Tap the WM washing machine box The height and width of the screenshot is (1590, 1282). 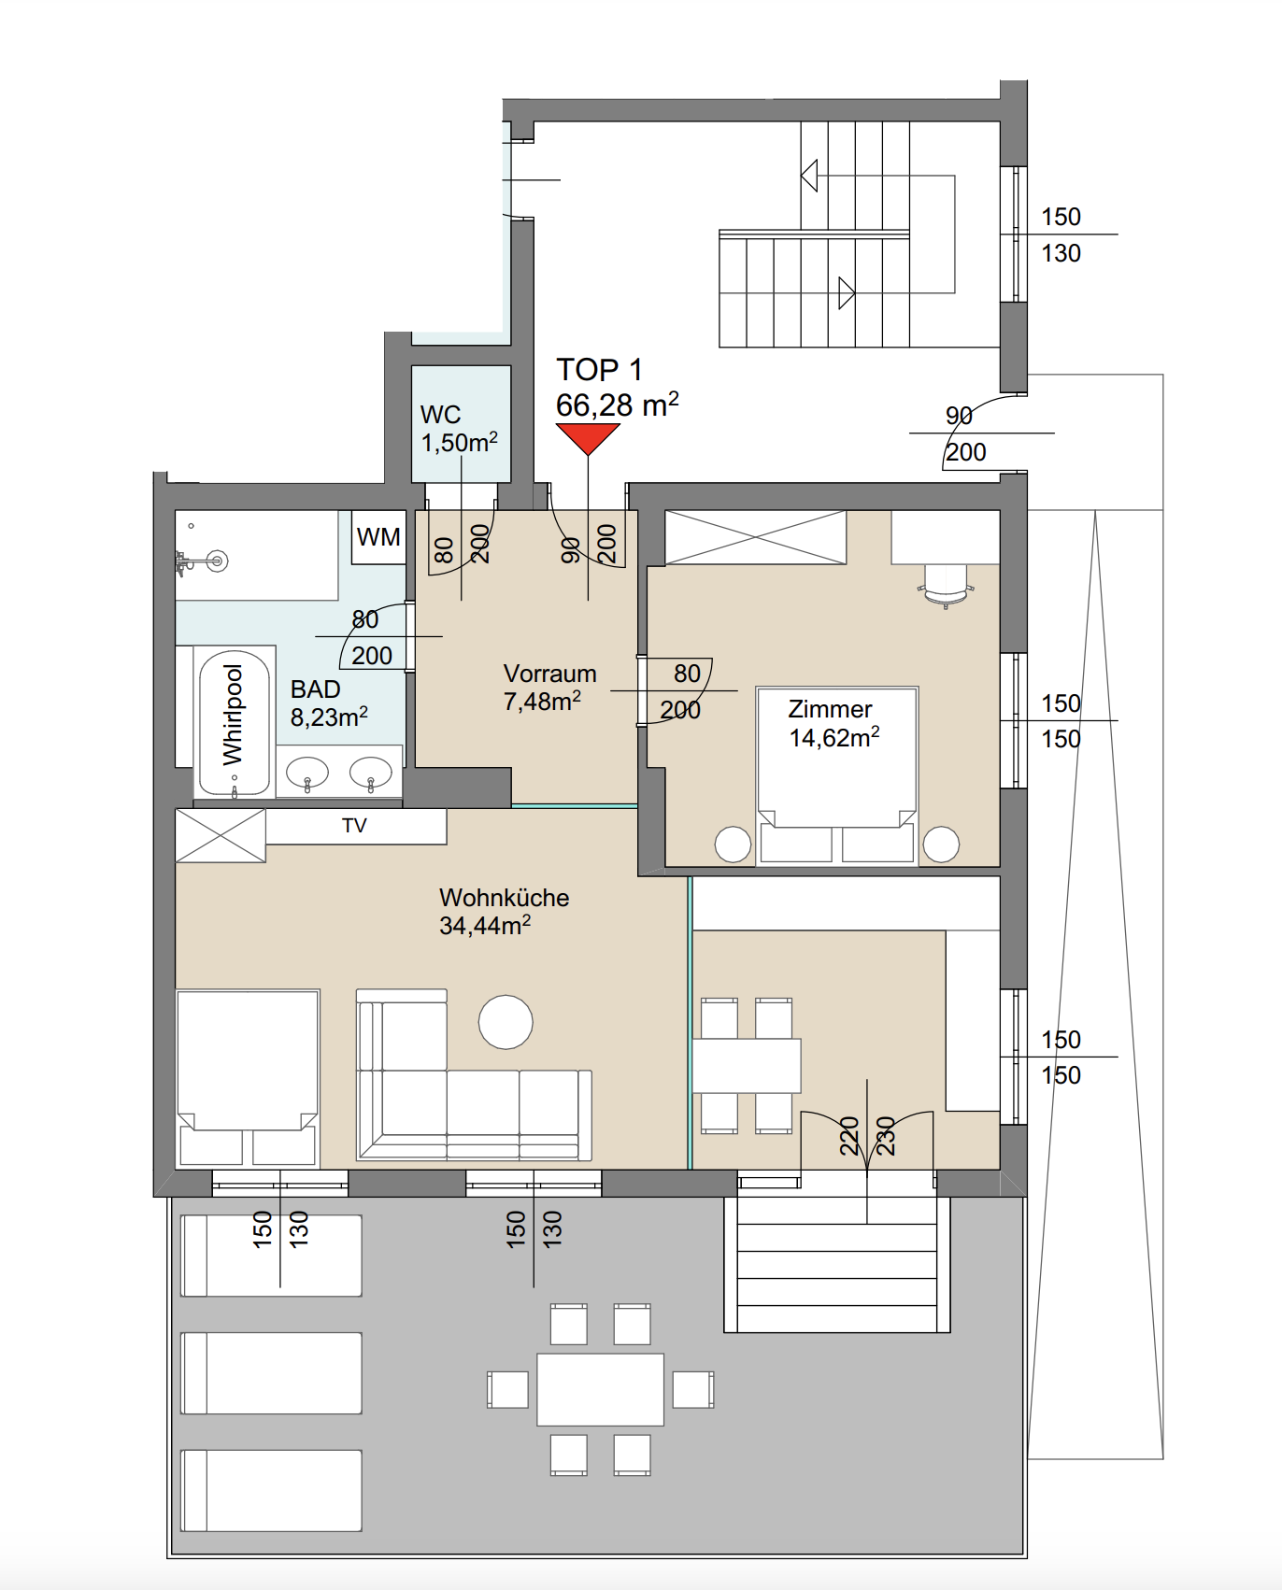point(378,537)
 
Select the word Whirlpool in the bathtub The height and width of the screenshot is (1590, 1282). point(233,714)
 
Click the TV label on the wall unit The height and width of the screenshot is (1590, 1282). point(354,826)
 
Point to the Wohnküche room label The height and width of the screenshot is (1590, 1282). point(505,898)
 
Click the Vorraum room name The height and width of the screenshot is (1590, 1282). point(549,674)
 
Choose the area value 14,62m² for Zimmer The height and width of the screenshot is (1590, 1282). point(834,737)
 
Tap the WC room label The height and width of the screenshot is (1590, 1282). point(440,415)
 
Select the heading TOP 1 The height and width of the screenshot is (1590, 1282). point(599,370)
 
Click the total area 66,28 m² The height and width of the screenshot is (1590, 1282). point(617,405)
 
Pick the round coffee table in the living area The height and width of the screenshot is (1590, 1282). point(506,1022)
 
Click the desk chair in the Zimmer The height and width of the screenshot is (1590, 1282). point(946,586)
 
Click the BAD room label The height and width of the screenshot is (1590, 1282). point(316,689)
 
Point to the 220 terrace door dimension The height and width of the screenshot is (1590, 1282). point(849,1136)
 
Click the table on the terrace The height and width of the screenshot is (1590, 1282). point(600,1389)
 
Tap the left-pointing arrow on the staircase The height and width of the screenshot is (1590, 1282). point(810,175)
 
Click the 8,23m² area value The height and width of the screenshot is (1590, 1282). point(329,717)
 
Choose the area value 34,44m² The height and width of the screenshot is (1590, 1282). point(485,926)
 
